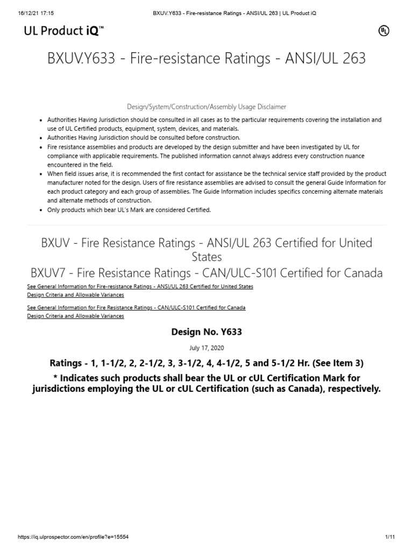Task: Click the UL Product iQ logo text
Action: click(63, 31)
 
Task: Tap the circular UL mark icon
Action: click(383, 31)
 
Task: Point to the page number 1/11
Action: click(390, 537)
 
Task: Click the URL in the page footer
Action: click(73, 537)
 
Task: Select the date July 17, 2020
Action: click(206, 348)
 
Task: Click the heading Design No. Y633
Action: click(206, 332)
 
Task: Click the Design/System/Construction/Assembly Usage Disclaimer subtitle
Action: click(206, 107)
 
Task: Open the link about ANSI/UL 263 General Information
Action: click(140, 286)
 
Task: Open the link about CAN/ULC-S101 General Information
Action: click(136, 308)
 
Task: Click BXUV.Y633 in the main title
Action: click(82, 58)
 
